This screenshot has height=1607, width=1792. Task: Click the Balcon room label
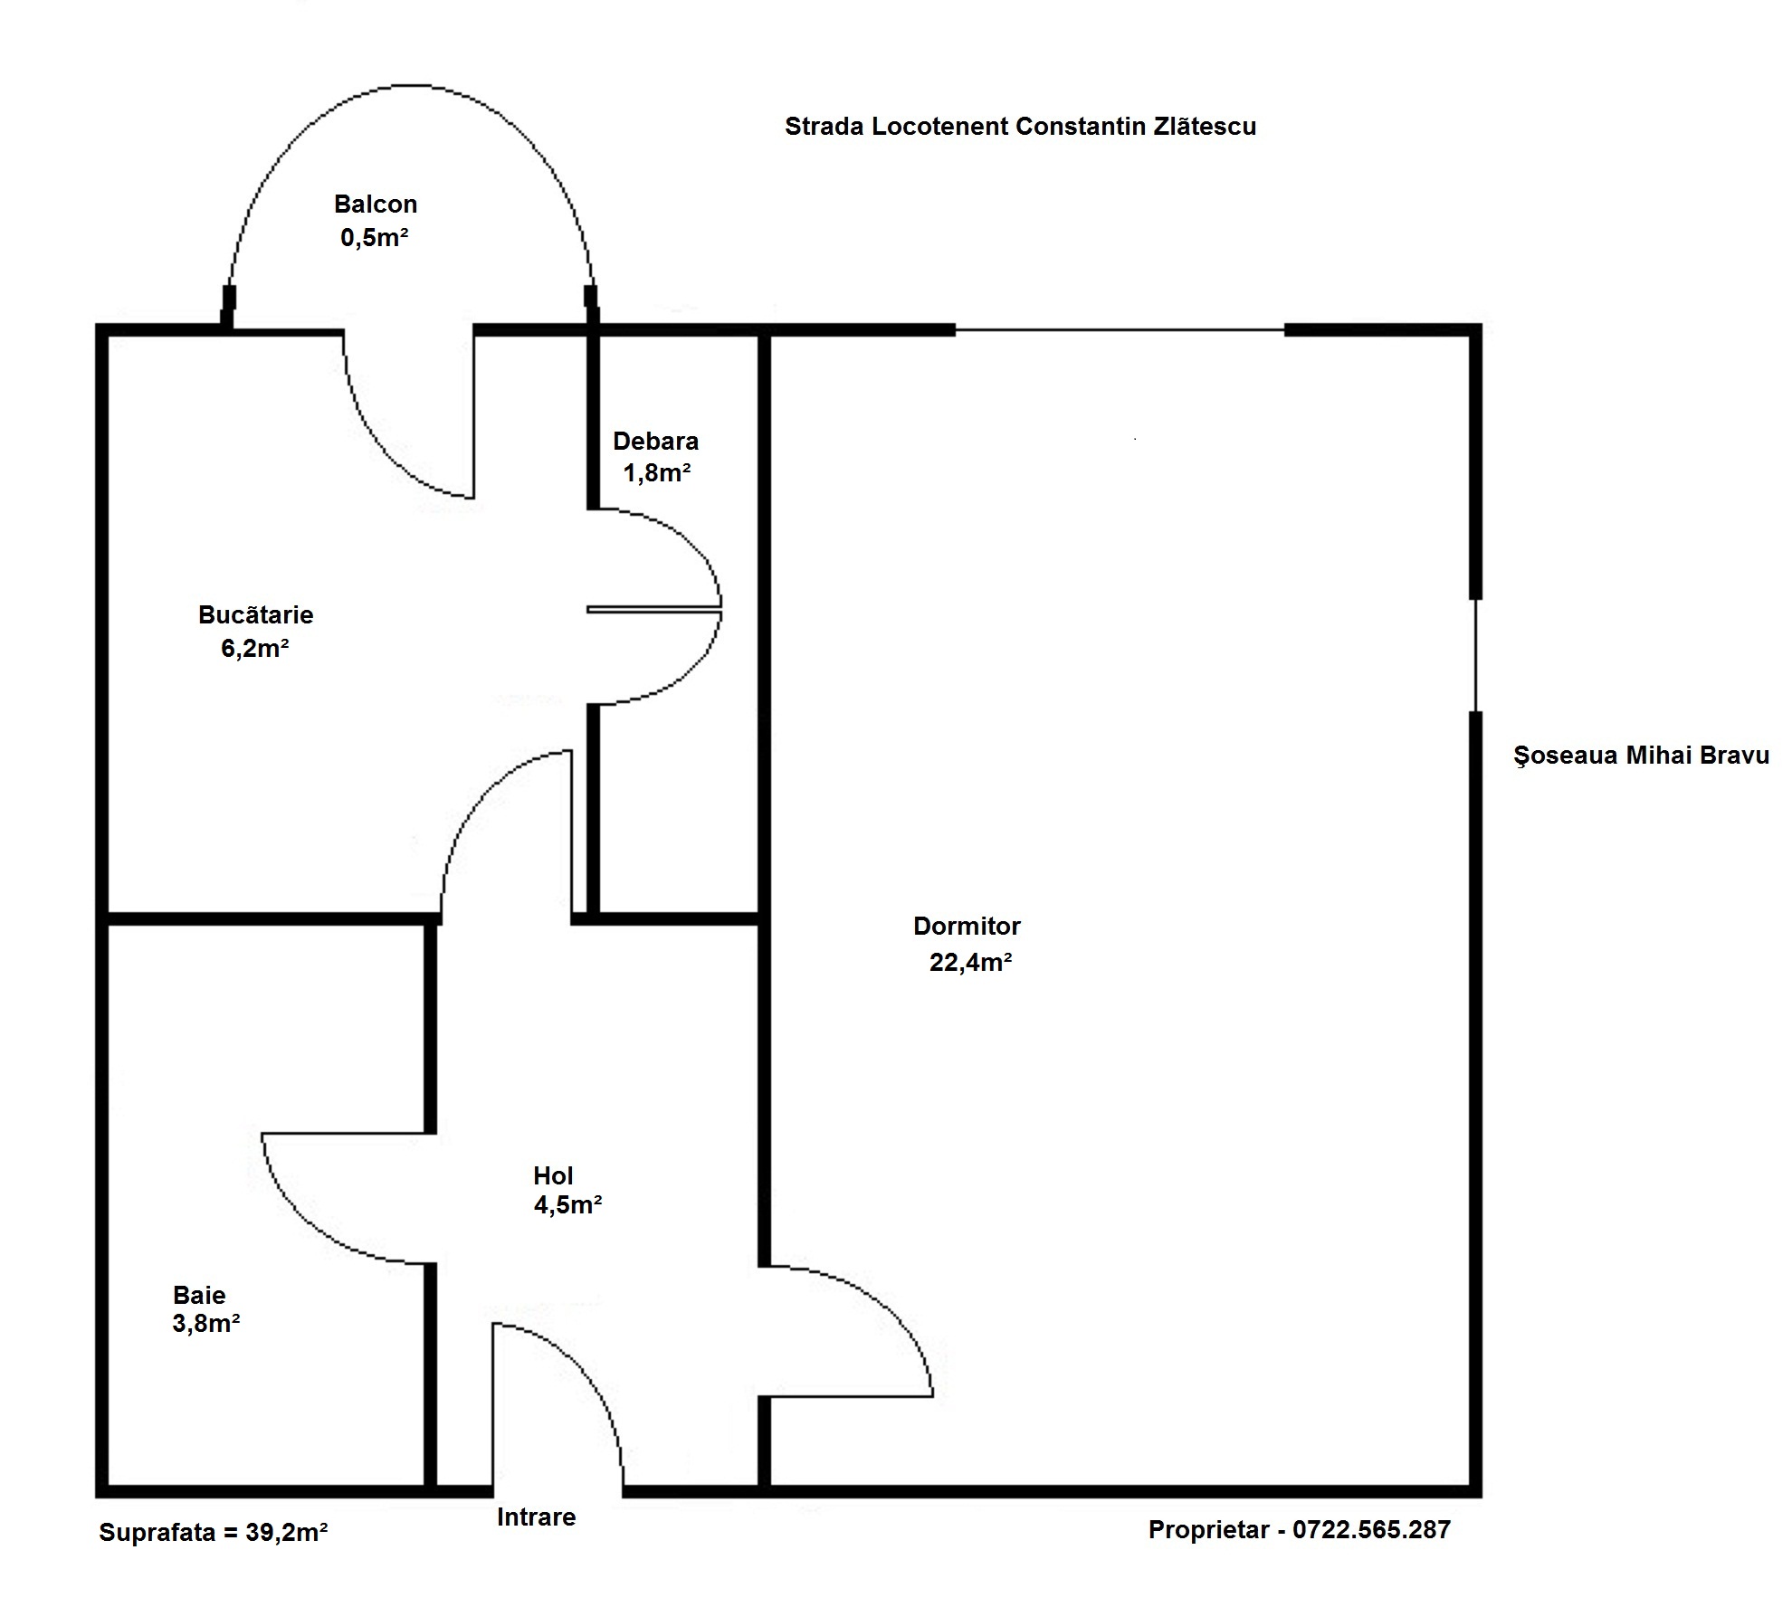376,204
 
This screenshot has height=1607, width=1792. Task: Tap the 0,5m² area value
375,237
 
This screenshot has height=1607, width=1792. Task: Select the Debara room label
656,442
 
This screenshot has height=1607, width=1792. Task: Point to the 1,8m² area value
657,472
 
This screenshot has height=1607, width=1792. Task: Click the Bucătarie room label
256,615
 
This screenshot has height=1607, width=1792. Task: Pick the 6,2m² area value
255,648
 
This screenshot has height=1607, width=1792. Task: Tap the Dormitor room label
967,927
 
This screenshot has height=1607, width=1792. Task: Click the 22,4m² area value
970,962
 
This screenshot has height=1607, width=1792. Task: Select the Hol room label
553,1175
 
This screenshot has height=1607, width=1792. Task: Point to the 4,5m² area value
568,1205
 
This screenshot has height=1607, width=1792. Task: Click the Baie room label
199,1295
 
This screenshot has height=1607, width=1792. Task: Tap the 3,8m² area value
206,1324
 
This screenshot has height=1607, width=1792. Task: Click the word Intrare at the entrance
537,1517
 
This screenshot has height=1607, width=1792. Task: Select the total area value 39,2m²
286,1533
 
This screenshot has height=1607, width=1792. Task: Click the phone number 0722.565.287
1371,1530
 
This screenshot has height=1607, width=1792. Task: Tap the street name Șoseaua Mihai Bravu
1642,756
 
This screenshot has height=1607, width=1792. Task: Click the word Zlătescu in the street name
1205,127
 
